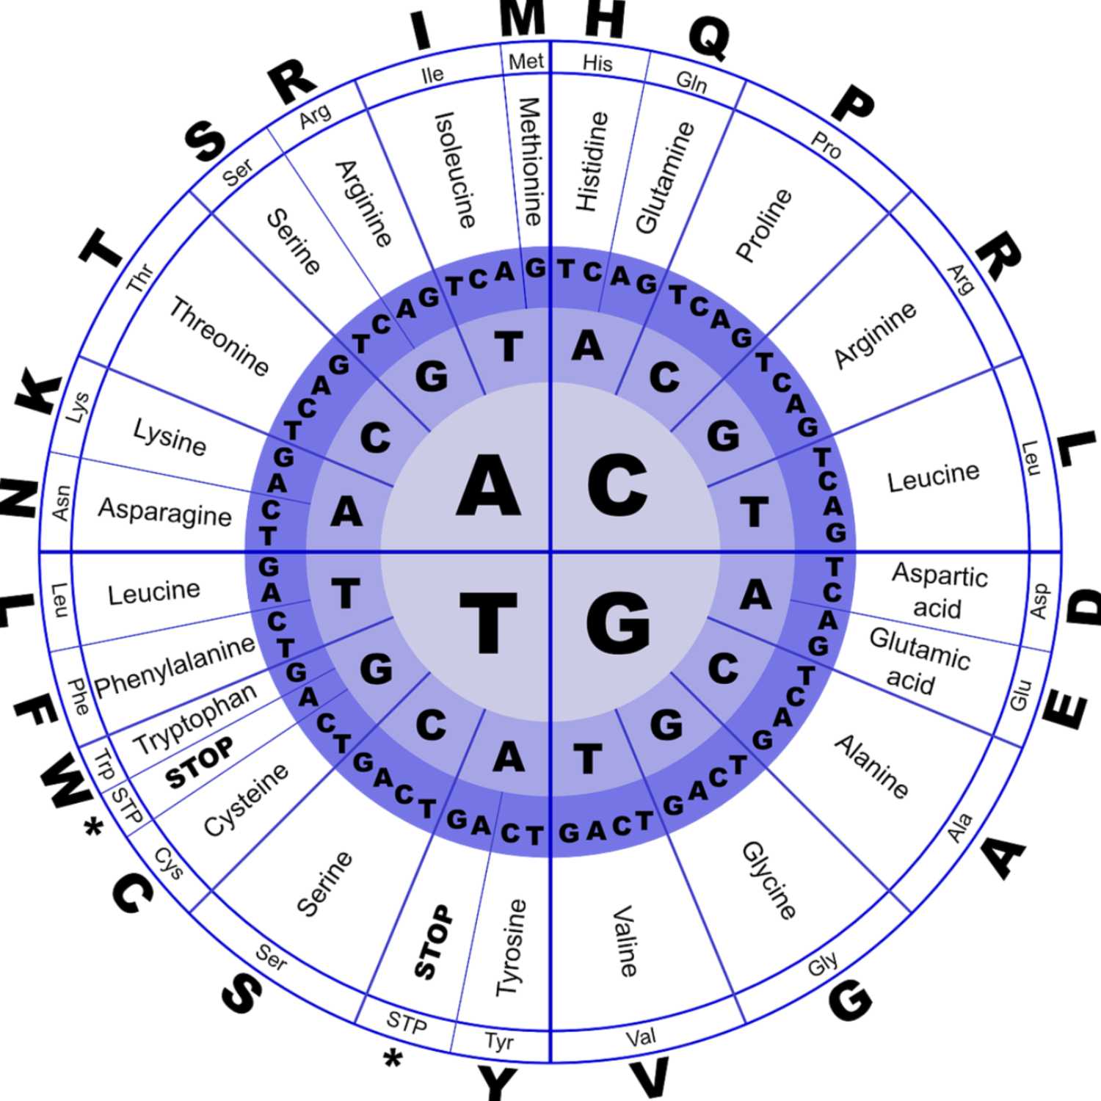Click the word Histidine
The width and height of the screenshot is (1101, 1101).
pyautogui.click(x=592, y=161)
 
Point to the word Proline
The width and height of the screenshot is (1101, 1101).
pyautogui.click(x=764, y=225)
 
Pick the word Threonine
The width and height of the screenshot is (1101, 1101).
pyautogui.click(x=219, y=336)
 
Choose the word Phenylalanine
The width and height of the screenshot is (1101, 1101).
pyautogui.click(x=175, y=666)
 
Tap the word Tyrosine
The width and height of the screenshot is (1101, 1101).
pyautogui.click(x=511, y=947)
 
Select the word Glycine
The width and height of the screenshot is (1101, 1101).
pyautogui.click(x=769, y=879)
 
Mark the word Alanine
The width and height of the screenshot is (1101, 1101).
pyautogui.click(x=871, y=766)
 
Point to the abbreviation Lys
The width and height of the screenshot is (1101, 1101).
pyautogui.click(x=78, y=407)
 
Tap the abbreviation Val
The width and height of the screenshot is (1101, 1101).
pyautogui.click(x=641, y=1037)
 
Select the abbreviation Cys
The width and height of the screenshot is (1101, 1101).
pyautogui.click(x=169, y=863)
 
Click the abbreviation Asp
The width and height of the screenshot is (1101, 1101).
pyautogui.click(x=1039, y=600)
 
